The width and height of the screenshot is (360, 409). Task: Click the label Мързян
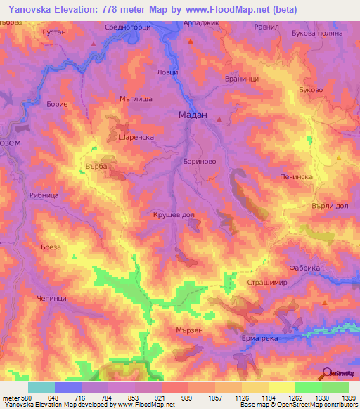(188, 329)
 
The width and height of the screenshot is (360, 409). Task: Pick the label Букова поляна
(316, 33)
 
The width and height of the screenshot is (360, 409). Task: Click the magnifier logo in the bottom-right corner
(327, 373)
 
